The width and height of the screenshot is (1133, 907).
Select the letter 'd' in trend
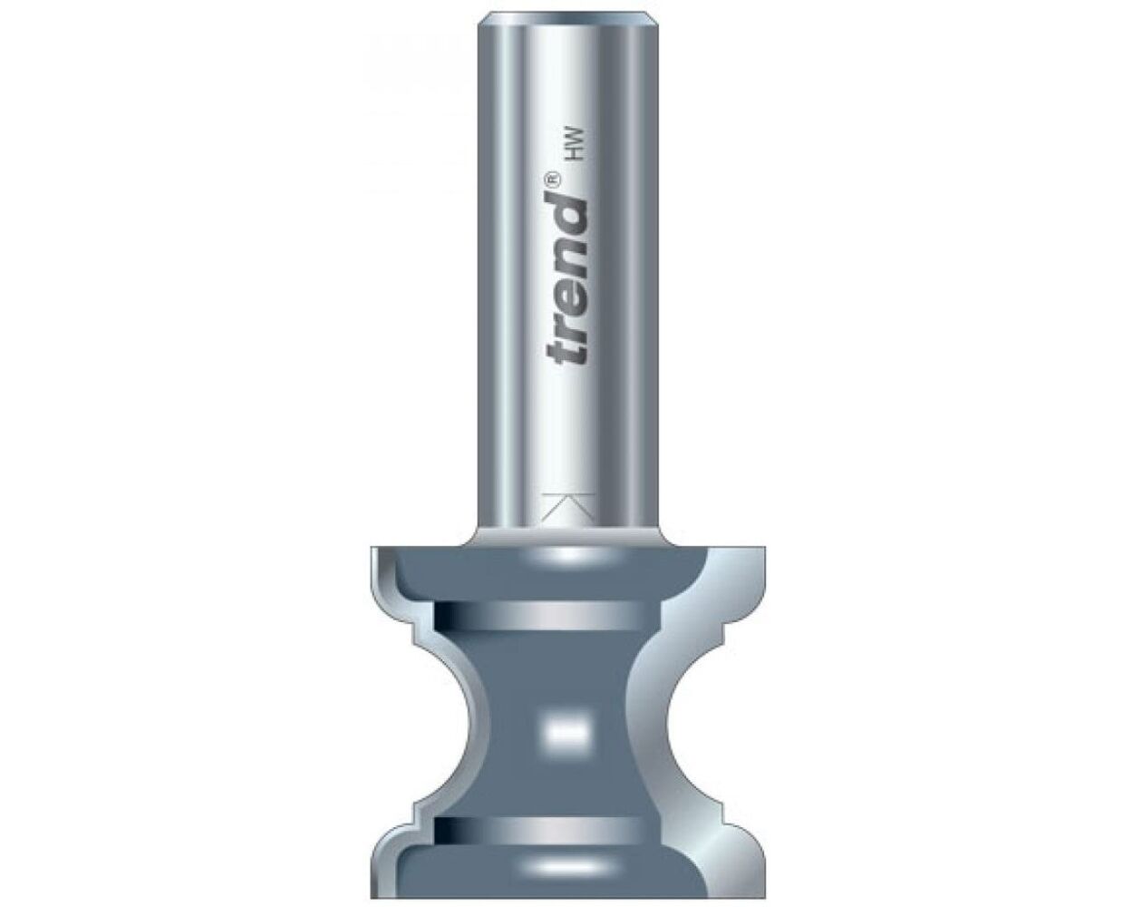(567, 211)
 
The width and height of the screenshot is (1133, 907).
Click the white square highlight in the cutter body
(566, 727)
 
